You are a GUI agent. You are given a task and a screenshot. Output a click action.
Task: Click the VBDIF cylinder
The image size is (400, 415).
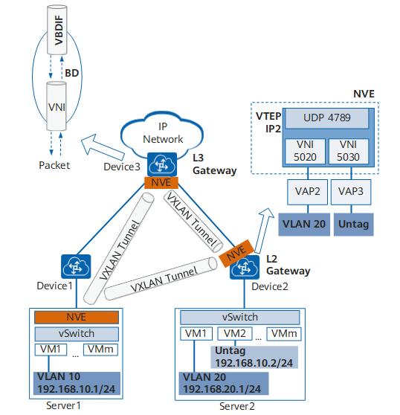(57, 30)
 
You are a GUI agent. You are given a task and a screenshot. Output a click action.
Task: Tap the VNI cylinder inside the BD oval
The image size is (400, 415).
(57, 106)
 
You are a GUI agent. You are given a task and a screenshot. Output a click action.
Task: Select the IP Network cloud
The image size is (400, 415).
(162, 134)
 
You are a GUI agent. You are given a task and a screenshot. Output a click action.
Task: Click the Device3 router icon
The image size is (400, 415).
(162, 164)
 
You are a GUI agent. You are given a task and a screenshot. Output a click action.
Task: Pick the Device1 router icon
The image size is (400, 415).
(76, 266)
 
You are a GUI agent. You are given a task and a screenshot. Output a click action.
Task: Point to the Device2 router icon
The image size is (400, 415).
(245, 267)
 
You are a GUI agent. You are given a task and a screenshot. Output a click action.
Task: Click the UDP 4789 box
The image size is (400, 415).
(327, 118)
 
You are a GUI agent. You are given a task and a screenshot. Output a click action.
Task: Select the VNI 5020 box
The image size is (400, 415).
(305, 151)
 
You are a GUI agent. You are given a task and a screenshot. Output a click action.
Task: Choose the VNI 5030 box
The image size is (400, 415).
(349, 151)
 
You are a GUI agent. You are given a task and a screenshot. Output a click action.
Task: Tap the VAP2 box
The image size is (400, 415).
(307, 192)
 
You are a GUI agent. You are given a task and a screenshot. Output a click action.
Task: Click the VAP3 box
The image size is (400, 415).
(351, 192)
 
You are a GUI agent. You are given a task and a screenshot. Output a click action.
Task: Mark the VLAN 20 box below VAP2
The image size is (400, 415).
(304, 224)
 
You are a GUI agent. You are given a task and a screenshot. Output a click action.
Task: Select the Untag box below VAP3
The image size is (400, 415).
(354, 224)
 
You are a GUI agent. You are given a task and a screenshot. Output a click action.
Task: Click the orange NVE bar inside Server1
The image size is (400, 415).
(77, 317)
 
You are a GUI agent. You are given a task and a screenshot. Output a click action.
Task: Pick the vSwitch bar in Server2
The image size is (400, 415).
(239, 318)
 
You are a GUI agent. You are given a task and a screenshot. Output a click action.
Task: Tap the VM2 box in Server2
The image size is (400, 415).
(235, 333)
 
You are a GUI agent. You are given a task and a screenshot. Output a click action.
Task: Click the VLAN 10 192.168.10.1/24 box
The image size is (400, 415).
(77, 383)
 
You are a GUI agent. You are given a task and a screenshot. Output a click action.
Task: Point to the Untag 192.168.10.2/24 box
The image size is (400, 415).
(254, 357)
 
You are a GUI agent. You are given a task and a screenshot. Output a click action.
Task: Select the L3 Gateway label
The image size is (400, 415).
(215, 164)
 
